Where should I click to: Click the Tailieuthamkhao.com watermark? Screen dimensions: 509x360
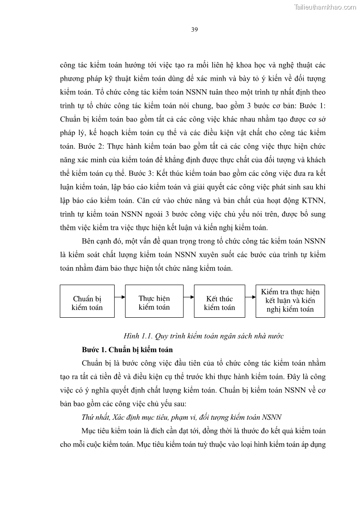(325, 7)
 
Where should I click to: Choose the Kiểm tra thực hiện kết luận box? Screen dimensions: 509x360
(290, 301)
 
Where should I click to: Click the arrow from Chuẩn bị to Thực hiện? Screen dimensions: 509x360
(120, 297)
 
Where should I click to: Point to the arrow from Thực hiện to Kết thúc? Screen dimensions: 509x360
(189, 297)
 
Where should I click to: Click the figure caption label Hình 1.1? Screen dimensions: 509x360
(138, 336)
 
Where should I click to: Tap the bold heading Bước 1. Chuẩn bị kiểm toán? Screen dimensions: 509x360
(127, 350)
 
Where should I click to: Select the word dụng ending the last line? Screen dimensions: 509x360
(316, 444)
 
